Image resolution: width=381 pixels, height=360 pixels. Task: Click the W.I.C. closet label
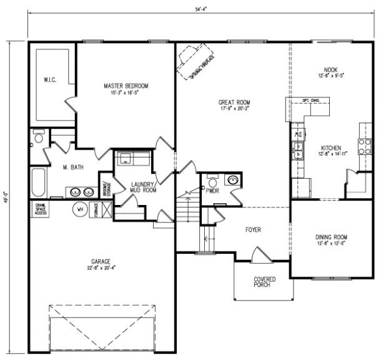[51, 80]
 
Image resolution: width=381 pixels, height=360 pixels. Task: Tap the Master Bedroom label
[126, 88]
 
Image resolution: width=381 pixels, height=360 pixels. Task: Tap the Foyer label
[253, 229]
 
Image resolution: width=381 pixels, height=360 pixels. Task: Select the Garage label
[101, 264]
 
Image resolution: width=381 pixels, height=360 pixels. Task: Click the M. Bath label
[73, 167]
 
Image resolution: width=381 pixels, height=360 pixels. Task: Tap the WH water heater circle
[80, 210]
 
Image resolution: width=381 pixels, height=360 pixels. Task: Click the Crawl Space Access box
[41, 209]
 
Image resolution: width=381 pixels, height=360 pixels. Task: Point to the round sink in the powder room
[232, 180]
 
